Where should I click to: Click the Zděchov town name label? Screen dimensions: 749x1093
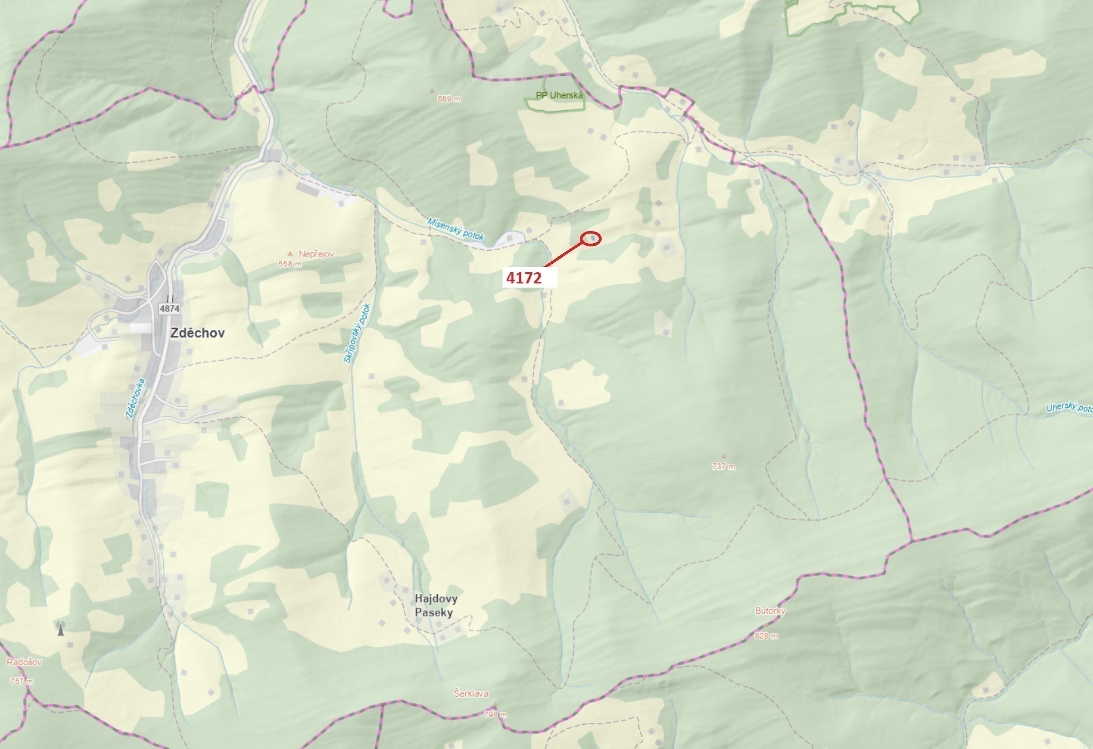tap(197, 333)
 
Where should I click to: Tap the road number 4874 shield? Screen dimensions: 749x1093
tap(169, 308)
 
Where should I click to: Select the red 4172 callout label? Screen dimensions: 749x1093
tap(524, 278)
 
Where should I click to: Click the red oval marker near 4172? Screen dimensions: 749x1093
tap(591, 239)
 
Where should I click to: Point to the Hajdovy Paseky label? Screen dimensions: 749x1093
tap(436, 605)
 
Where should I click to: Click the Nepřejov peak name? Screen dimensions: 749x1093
tap(316, 254)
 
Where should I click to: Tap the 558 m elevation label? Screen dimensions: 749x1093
tap(290, 264)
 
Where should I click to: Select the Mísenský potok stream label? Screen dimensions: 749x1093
tap(456, 228)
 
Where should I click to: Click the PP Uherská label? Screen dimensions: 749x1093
tap(559, 95)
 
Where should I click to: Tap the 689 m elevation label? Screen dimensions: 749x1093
tap(449, 99)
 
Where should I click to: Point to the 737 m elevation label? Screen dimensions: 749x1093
tap(724, 467)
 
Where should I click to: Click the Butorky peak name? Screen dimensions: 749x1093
tap(770, 611)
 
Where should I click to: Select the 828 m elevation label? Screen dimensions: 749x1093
tap(766, 636)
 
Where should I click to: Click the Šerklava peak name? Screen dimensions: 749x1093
tap(471, 693)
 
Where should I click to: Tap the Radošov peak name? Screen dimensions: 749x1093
tap(24, 662)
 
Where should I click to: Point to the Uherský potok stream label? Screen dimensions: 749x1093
tap(1069, 407)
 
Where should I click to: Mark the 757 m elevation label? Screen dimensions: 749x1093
tap(21, 681)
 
